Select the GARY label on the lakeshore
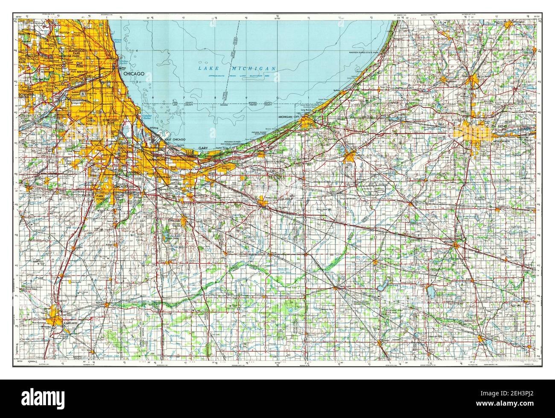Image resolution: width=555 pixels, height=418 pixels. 202,148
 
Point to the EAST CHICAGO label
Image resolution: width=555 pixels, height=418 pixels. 175,140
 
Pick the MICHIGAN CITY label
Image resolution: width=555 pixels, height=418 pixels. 289,116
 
